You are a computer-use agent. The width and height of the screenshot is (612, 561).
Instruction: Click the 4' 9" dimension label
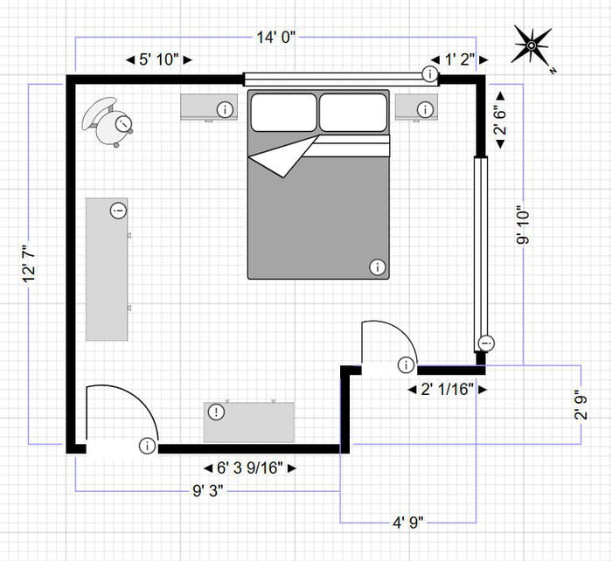(407, 523)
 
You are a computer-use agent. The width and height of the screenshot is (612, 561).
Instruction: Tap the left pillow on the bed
(284, 113)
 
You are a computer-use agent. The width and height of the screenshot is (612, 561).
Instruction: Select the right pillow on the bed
(352, 113)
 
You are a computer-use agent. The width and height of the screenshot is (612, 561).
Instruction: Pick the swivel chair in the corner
(109, 121)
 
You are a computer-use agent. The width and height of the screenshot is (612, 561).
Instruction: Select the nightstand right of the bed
(415, 107)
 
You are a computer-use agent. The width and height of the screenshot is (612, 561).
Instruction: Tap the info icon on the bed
(378, 267)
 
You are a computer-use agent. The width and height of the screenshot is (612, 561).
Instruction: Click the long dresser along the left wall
(107, 269)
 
